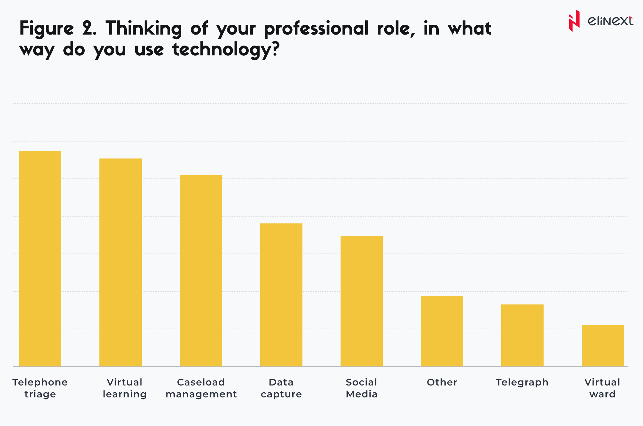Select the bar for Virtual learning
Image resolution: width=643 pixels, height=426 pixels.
[x=121, y=262]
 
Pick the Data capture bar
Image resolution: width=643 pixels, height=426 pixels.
[x=281, y=295]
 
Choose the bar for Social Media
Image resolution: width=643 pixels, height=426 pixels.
[x=362, y=301]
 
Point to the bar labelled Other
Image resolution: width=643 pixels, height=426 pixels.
[x=442, y=331]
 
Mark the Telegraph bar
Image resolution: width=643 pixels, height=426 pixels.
[x=522, y=335]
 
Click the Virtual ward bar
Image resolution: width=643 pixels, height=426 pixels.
[x=603, y=345]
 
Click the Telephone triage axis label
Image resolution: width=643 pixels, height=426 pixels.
[x=40, y=388]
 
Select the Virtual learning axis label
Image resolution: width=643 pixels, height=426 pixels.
[x=125, y=388]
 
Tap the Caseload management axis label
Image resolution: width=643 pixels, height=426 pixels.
[x=201, y=388]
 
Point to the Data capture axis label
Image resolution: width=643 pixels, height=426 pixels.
[x=281, y=388]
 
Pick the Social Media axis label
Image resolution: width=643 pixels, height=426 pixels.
[x=362, y=388]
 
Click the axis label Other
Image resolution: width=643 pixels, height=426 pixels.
[x=442, y=382]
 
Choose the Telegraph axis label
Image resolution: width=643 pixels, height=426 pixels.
[x=522, y=382]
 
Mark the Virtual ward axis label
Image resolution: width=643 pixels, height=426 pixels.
[x=602, y=388]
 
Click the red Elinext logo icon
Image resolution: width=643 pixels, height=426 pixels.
[x=574, y=21]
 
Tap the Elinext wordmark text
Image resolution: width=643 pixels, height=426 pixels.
[x=610, y=21]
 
